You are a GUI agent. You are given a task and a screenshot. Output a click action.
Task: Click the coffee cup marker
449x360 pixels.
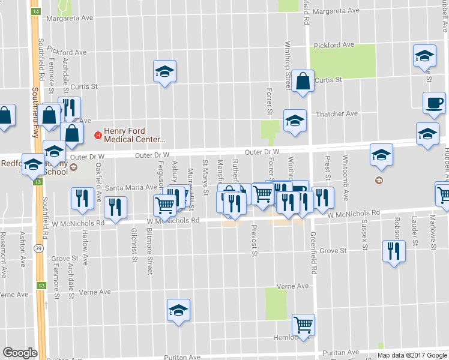pyautogui.click(x=434, y=103)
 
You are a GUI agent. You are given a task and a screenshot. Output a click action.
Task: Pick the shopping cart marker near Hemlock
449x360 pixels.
pyautogui.click(x=304, y=325)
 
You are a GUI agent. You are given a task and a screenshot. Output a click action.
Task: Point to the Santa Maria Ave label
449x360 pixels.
pyautogui.click(x=131, y=188)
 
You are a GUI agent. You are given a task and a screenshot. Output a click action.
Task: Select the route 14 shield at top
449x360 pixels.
pyautogui.click(x=37, y=12)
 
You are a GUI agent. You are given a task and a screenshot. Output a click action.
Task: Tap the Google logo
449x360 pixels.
pyautogui.click(x=20, y=352)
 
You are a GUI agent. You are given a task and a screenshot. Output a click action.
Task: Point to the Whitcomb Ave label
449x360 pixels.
pyautogui.click(x=345, y=170)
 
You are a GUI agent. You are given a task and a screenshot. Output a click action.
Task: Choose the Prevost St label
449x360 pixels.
pyautogui.click(x=255, y=245)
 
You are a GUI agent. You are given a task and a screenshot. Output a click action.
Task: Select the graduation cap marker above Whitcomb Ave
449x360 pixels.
pyautogui.click(x=381, y=155)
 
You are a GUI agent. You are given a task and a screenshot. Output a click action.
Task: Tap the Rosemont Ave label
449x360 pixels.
pyautogui.click(x=4, y=262)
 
